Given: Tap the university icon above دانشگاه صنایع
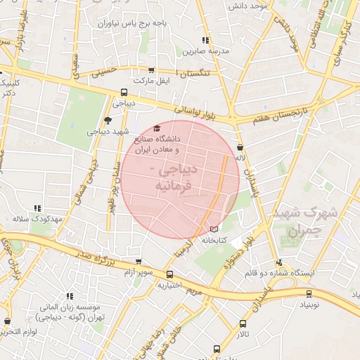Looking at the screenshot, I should click(x=156, y=129).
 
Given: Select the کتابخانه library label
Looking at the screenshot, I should click(x=217, y=240).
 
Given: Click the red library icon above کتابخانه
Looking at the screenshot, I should click(x=214, y=229).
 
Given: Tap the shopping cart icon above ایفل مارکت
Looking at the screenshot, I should click(x=152, y=70).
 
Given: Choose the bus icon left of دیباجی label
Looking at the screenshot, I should click(x=124, y=91).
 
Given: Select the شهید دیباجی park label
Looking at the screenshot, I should click(x=106, y=131).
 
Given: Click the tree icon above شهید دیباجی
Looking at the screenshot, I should click(x=107, y=120).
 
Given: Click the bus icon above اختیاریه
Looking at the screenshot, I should click(x=170, y=274).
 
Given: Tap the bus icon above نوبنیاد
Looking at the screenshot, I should click(x=309, y=295).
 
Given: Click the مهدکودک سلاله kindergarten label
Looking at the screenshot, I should click(x=38, y=219).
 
